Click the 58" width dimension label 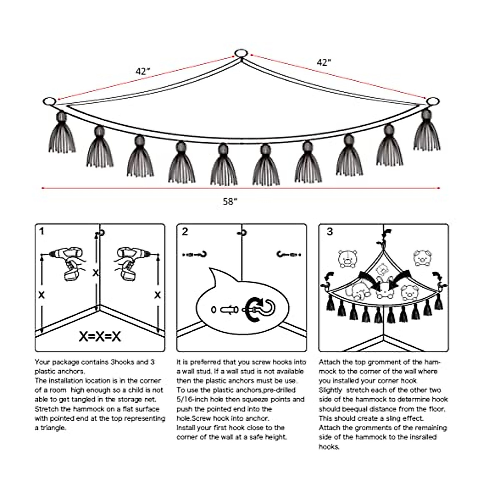[230, 202]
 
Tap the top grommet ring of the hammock [241, 53]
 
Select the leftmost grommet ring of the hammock [49, 101]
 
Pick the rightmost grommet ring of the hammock [433, 101]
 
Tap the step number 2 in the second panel [185, 231]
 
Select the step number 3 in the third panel [330, 231]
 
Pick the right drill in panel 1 [130, 262]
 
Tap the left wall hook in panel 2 [195, 254]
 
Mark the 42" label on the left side [142, 71]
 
